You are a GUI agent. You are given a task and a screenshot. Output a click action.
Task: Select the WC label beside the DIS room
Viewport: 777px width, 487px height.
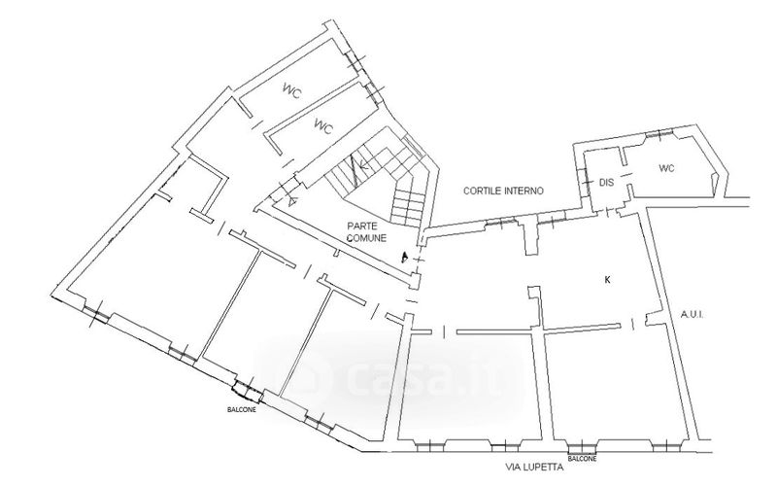coord(666,168)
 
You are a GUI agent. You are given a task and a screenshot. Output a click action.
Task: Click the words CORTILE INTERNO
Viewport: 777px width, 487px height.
coord(502,191)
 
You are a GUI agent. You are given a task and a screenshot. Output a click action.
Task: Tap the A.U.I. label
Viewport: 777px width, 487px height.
coord(692,314)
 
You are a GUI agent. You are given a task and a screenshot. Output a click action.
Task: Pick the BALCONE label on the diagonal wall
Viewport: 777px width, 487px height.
coord(232,409)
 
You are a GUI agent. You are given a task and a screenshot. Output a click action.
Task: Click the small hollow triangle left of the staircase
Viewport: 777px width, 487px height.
coord(290,202)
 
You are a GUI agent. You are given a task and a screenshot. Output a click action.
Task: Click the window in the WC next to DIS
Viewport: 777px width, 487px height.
coord(664,133)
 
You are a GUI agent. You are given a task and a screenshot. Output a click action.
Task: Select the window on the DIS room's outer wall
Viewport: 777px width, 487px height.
coord(589,181)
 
